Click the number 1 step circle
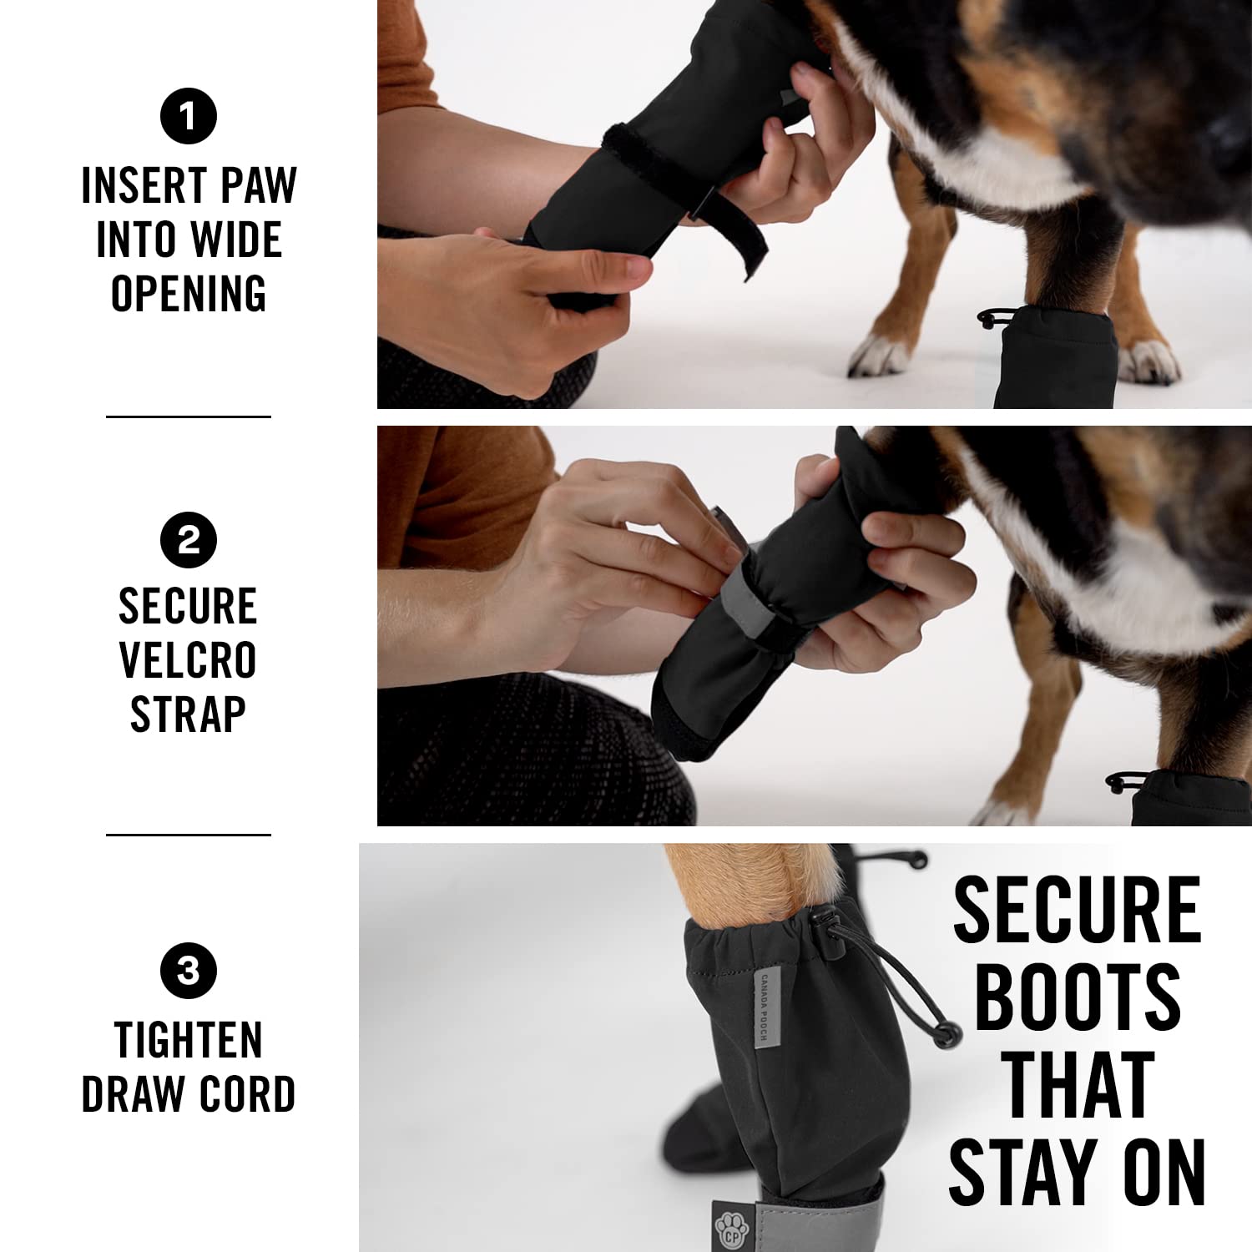pyautogui.click(x=189, y=116)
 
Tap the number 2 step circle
pyautogui.click(x=189, y=540)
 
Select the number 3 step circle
pyautogui.click(x=189, y=971)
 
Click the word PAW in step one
pyautogui.click(x=259, y=185)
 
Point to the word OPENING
pyautogui.click(x=189, y=294)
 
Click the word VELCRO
pyautogui.click(x=188, y=660)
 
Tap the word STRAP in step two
pyautogui.click(x=188, y=714)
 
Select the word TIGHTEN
pyautogui.click(x=189, y=1040)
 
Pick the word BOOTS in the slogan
pyautogui.click(x=1077, y=997)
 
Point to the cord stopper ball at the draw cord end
pyautogui.click(x=945, y=1036)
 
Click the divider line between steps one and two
pyautogui.click(x=189, y=416)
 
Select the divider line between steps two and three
pyautogui.click(x=189, y=834)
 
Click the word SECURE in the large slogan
pyautogui.click(x=1077, y=910)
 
